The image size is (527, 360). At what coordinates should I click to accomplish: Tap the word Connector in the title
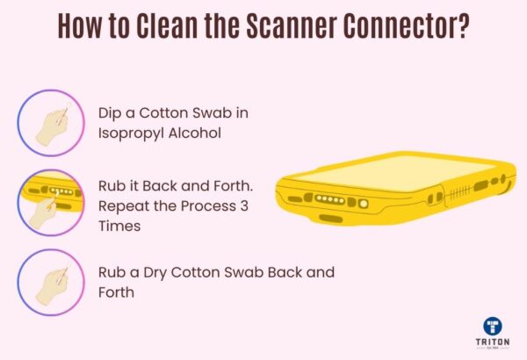408,27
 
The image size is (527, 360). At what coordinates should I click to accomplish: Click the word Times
120,226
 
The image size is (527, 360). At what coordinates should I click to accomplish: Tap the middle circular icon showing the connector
51,203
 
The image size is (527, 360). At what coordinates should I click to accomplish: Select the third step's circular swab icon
51,282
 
